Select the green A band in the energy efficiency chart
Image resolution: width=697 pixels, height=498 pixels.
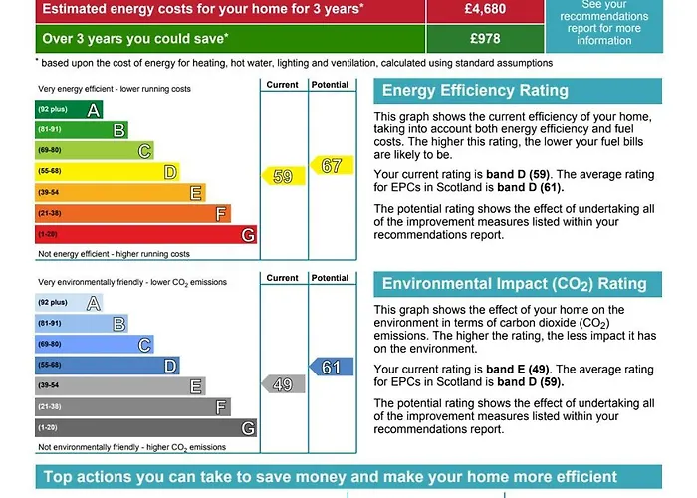point(69,109)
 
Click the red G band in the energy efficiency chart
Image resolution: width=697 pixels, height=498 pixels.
point(145,234)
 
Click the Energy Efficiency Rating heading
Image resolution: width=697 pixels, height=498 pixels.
point(476,91)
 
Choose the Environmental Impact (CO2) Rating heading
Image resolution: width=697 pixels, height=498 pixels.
point(515,284)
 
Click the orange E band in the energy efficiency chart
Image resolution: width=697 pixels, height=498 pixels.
point(120,193)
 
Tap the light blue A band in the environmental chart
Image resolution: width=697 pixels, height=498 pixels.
point(69,303)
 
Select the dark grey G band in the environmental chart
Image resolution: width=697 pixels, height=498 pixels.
point(145,428)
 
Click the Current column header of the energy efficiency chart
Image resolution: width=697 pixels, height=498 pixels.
point(282,85)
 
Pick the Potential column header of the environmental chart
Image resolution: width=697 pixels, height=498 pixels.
point(330,279)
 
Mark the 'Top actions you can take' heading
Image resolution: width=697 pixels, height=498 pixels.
point(330,477)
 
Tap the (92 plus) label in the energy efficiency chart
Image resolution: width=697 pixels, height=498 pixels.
point(52,109)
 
